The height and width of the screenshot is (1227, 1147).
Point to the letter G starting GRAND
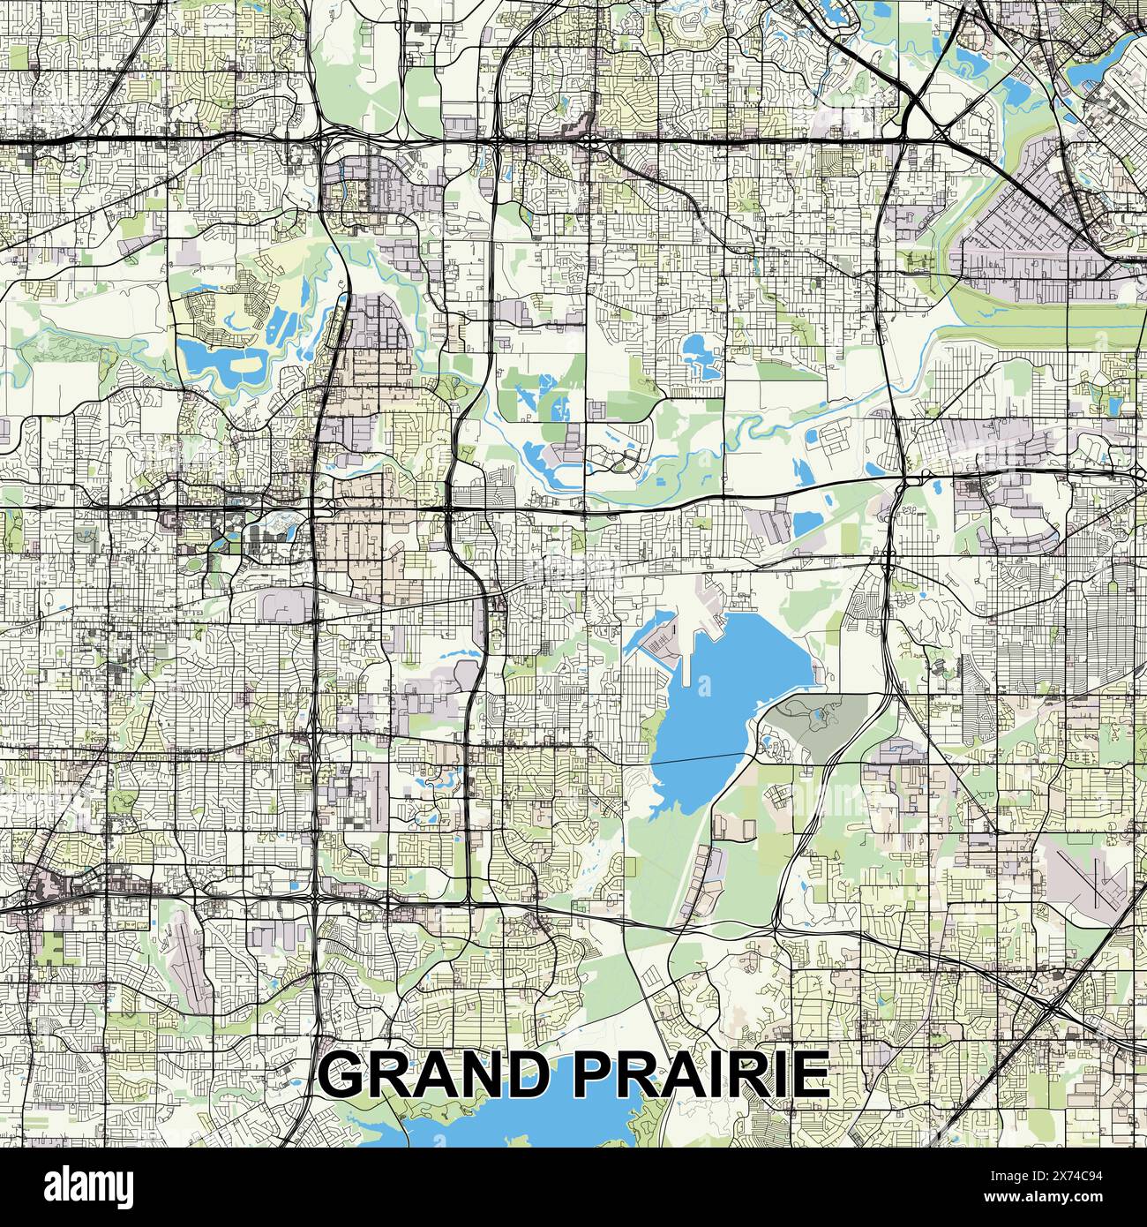point(341,1074)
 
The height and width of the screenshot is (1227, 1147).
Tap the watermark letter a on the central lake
point(705,685)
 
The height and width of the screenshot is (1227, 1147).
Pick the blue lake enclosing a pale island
point(221,357)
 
